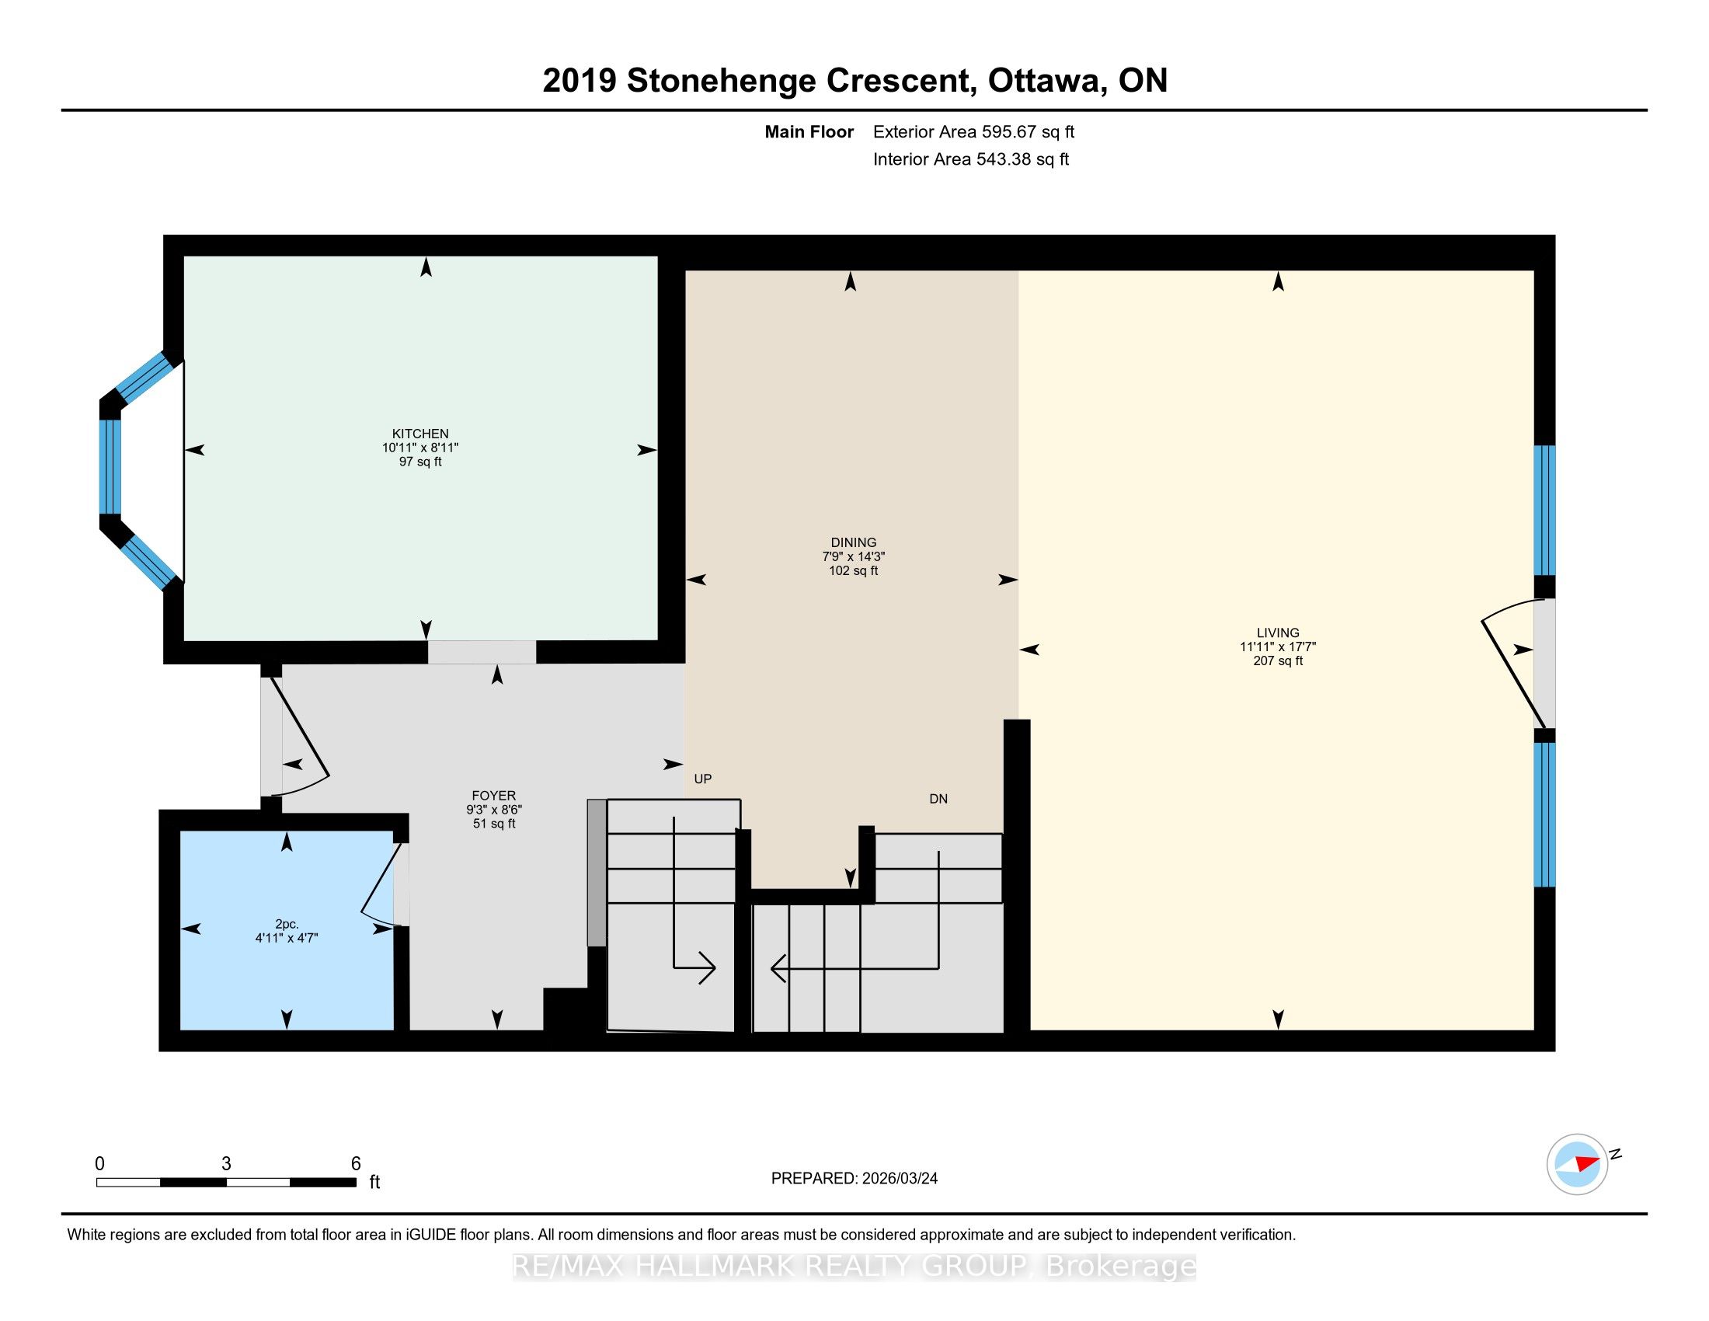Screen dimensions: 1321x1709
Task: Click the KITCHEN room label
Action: pos(420,433)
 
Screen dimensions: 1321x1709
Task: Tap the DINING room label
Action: pos(853,542)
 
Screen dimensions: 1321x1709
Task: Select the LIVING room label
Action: pos(1277,633)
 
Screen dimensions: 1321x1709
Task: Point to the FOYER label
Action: pos(494,795)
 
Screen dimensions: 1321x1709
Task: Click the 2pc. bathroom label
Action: pos(287,924)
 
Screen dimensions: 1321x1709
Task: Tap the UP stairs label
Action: pos(703,779)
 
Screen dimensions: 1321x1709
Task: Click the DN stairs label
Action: pos(938,799)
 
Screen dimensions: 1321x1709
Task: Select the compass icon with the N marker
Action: pos(1577,1164)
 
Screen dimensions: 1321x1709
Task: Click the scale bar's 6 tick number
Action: pos(356,1164)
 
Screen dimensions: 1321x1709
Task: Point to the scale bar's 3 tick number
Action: pos(226,1164)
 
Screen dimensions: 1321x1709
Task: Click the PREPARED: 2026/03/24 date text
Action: pos(854,1178)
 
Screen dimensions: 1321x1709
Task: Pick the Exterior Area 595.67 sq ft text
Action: pos(973,131)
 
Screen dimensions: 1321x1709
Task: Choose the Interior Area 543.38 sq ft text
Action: pos(970,159)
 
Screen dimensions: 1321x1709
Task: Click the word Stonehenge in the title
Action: pos(798,81)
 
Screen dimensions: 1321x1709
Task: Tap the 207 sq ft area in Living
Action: pos(1277,660)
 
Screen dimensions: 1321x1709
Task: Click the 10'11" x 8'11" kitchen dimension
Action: pos(420,448)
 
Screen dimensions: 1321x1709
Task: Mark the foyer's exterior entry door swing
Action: pos(301,736)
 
